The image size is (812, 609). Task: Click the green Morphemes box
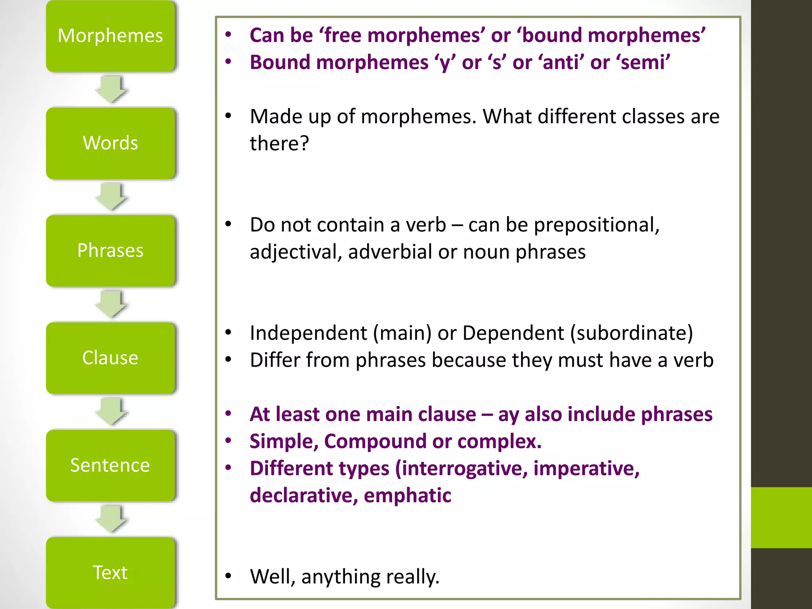pyautogui.click(x=110, y=36)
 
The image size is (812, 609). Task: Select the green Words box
pyautogui.click(x=110, y=143)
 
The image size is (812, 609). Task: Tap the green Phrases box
pyautogui.click(x=110, y=251)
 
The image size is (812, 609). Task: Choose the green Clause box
pyautogui.click(x=110, y=358)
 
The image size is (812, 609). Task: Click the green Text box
pyautogui.click(x=110, y=573)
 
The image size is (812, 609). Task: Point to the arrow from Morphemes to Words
pyautogui.click(x=111, y=90)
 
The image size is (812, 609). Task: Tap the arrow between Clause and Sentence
pyautogui.click(x=111, y=412)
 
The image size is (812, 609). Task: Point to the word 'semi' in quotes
pyautogui.click(x=643, y=63)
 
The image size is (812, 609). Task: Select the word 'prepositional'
pyautogui.click(x=596, y=225)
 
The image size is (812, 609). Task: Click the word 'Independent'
pyautogui.click(x=308, y=333)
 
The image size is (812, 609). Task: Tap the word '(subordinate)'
pyautogui.click(x=632, y=333)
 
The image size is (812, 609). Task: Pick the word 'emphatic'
pyautogui.click(x=407, y=496)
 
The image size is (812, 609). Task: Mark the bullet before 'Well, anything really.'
pyautogui.click(x=228, y=576)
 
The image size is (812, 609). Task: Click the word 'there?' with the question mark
pyautogui.click(x=279, y=144)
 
